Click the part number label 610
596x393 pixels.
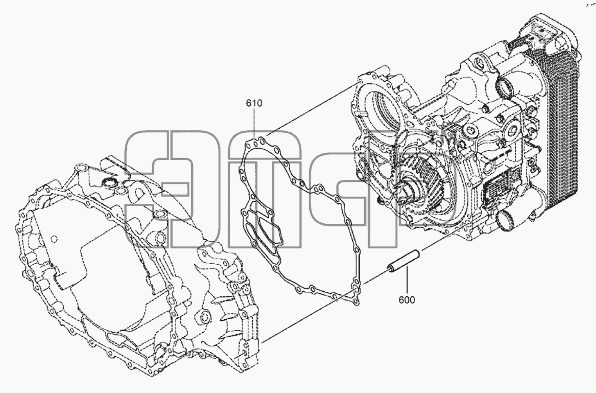254,103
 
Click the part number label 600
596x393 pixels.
407,300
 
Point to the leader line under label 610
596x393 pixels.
255,123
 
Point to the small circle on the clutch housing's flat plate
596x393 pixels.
54,239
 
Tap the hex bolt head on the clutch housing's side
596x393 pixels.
205,317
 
